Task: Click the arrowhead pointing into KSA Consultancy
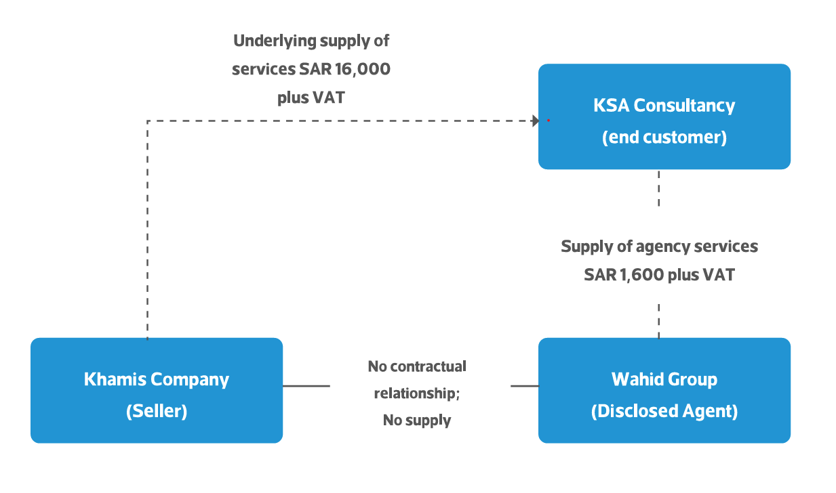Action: coord(535,121)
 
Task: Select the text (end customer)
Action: coord(664,137)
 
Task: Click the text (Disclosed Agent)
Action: coord(664,411)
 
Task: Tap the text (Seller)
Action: coord(156,411)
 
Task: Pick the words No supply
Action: coord(416,421)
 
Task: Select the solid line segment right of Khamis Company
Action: coord(306,386)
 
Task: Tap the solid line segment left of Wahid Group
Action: coord(524,386)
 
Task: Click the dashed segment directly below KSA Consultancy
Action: coord(658,188)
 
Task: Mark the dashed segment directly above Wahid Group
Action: coord(658,320)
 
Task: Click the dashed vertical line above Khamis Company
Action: coord(147,230)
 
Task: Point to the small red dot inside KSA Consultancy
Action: coord(548,121)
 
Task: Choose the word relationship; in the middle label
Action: coord(416,393)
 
